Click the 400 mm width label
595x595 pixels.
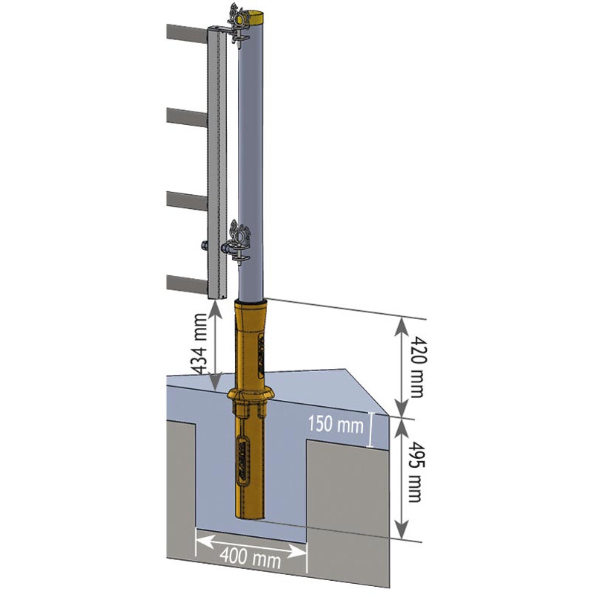pos(251,556)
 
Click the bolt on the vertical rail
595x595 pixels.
pos(202,245)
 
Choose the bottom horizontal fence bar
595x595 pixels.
pos(186,283)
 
